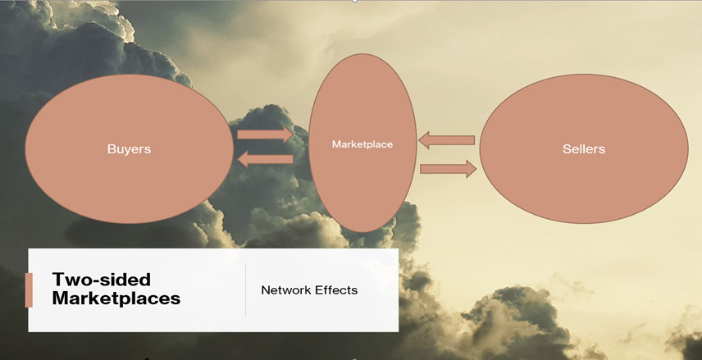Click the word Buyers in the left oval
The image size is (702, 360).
(129, 149)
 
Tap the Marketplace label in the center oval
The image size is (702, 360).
(362, 144)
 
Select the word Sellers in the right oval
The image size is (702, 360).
(584, 149)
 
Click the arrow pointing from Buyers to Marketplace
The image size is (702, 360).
(265, 134)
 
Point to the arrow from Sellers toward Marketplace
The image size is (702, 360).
(446, 140)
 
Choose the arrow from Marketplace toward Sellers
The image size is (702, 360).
(448, 169)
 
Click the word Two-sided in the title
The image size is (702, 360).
(101, 280)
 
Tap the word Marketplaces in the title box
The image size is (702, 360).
(116, 298)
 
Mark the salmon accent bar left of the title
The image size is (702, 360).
(29, 290)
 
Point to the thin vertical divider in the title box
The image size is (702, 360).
(246, 290)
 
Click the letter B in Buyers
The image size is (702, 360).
(111, 148)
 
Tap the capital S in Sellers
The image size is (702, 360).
(567, 149)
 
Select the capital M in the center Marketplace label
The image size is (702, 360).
(336, 144)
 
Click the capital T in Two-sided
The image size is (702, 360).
(59, 280)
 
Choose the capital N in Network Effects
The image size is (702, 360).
(266, 290)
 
